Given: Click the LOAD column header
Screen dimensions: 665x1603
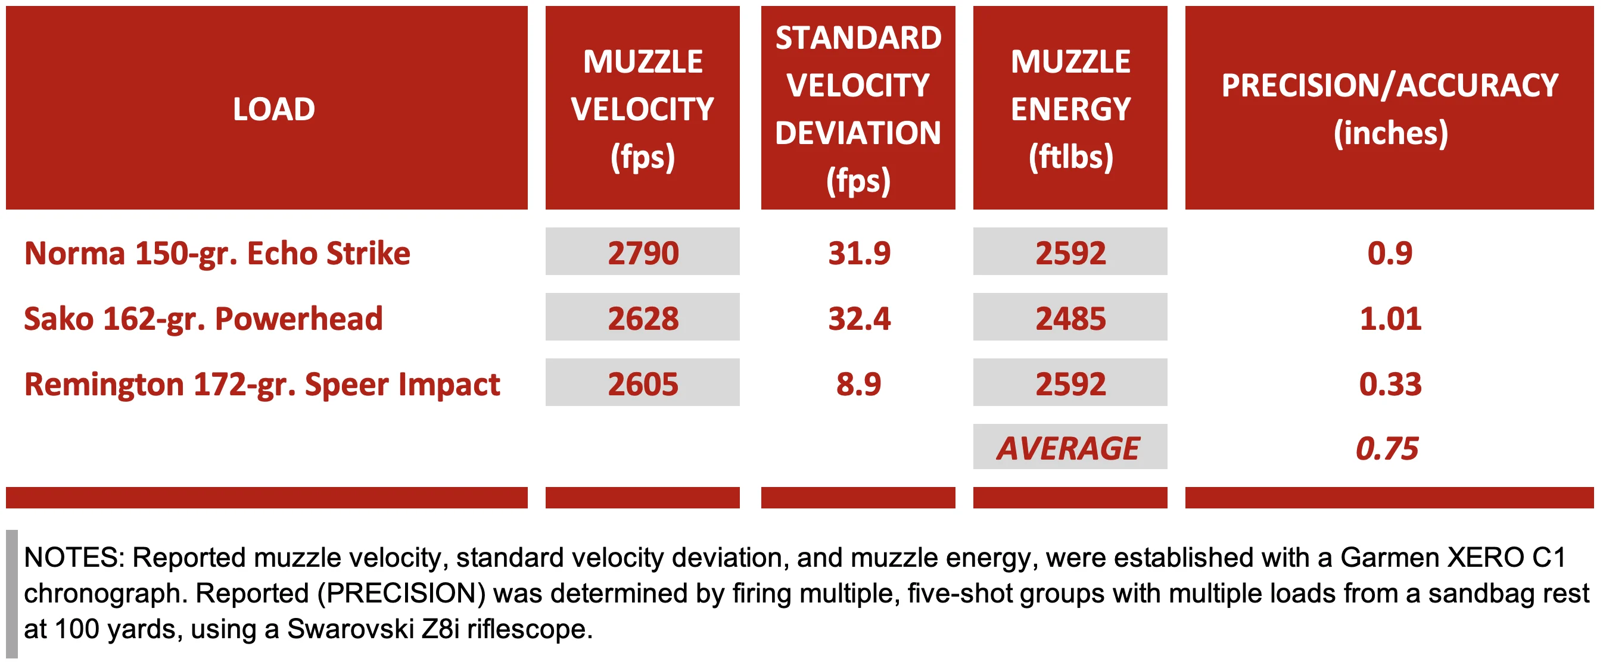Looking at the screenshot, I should coord(274,110).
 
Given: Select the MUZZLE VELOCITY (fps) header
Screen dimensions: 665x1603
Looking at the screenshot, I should coord(642,109).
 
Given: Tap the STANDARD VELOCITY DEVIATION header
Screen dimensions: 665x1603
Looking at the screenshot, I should coord(858,109).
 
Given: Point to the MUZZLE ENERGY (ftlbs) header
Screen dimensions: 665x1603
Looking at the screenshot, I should coord(1070,109).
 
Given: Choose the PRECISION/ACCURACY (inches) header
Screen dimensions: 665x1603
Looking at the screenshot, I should coord(1389,109).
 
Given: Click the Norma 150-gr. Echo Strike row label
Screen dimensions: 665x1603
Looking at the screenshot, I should coord(217,253).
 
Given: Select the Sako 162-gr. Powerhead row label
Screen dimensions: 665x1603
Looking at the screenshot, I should coord(203,319).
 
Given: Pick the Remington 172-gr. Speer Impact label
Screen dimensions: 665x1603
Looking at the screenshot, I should coord(262,384).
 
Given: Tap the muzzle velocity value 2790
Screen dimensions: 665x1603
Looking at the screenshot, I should coord(642,253).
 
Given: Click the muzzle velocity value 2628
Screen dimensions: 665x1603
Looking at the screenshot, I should coord(642,319).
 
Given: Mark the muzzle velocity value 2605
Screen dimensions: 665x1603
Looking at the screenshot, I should coord(642,384).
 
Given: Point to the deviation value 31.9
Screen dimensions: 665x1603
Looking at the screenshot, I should coord(859,253).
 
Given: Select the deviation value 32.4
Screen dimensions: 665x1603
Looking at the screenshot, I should coord(859,319).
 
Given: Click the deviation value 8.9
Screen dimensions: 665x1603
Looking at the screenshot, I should coord(858,384).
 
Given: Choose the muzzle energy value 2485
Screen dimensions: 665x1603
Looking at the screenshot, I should coord(1070,319).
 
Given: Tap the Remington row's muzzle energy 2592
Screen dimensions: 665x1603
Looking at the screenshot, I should coord(1070,384).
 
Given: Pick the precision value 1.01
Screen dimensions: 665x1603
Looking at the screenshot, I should coord(1390,319).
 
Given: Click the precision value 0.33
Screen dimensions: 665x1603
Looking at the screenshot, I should coord(1390,384).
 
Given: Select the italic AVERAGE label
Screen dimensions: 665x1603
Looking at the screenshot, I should coord(1068,448).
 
